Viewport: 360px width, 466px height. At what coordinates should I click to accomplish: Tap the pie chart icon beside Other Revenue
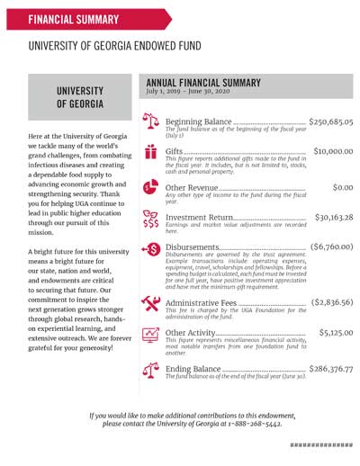click(x=150, y=188)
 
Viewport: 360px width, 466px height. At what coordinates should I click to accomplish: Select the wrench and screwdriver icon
click(x=150, y=304)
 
